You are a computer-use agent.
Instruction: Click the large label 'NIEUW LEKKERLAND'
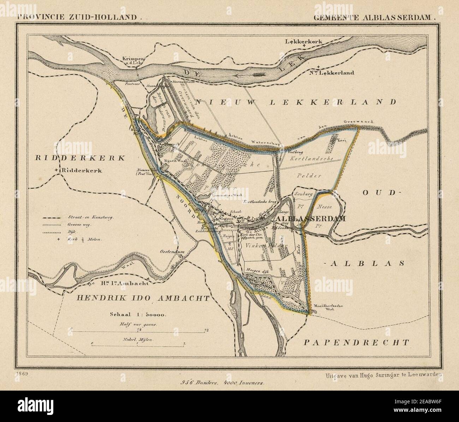coord(295,102)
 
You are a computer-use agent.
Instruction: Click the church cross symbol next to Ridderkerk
coord(57,171)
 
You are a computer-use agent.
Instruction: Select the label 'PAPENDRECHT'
coord(357,342)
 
